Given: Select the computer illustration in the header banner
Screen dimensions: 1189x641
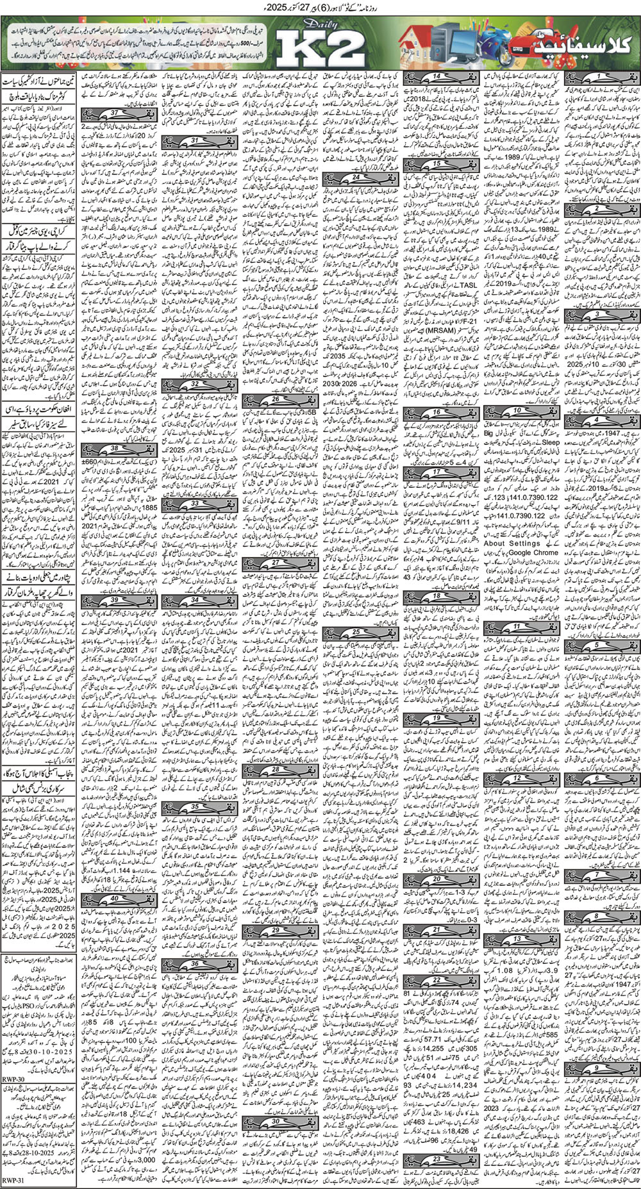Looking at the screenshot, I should [442, 45].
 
